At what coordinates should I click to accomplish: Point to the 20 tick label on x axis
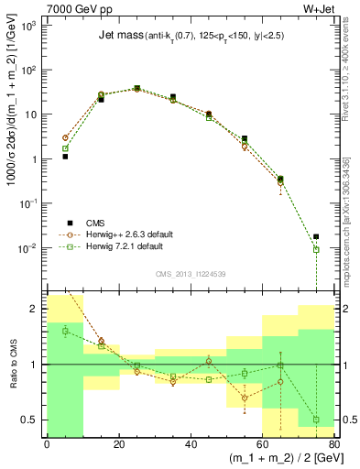pos(118,444)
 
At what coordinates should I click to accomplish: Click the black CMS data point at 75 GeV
pos(316,236)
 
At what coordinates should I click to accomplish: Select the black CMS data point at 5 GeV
pos(65,157)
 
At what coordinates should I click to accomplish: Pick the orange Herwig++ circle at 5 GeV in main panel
pos(65,137)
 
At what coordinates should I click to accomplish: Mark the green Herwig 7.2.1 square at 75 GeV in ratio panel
pos(316,420)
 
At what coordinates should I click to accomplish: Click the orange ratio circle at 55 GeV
pos(245,398)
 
